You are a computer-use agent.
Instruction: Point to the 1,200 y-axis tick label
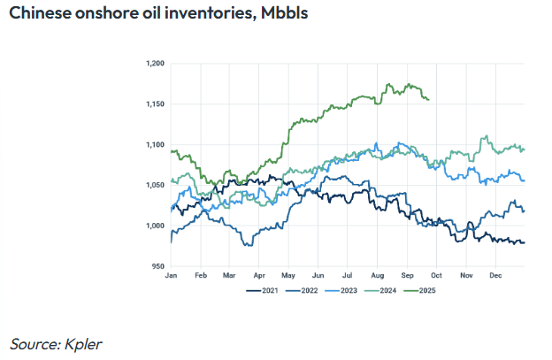pos(155,65)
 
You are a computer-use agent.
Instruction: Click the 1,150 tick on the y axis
pos(155,104)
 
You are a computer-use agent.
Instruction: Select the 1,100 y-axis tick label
pos(155,145)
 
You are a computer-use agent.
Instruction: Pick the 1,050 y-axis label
pos(155,186)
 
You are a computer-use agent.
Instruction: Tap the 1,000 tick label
pos(155,226)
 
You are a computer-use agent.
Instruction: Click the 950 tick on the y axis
pos(158,266)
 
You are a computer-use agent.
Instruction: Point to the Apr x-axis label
pos(258,276)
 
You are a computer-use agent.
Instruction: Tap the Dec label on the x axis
pos(496,276)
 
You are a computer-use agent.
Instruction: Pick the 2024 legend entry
pos(385,289)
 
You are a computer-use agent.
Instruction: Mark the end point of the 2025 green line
pos(429,99)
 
